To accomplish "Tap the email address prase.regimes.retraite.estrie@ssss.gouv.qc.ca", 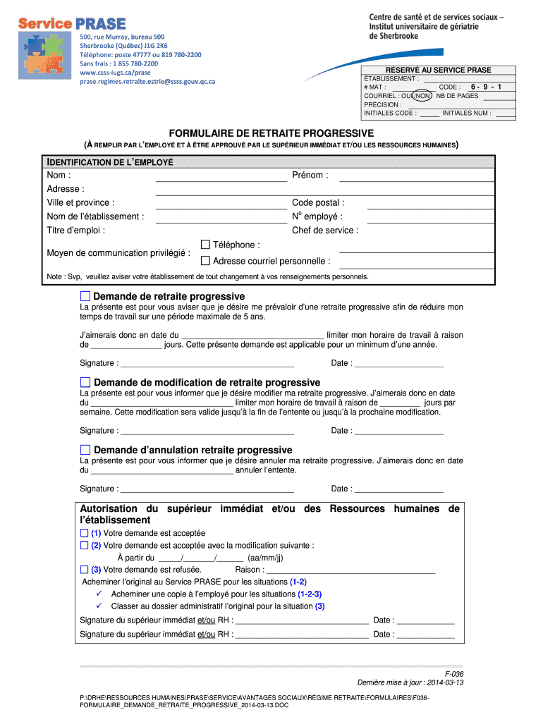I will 147,82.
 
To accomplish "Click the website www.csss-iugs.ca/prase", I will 115,73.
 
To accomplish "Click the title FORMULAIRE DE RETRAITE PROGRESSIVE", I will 271,133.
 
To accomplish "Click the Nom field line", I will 221,180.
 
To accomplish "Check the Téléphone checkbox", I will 206,245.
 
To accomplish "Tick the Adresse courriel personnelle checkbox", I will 206,261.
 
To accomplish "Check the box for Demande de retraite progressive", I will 85,296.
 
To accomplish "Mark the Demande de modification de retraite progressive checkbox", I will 85,382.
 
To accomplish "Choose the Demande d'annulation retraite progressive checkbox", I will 85,450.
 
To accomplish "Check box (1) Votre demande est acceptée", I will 85,534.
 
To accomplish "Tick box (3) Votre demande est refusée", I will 85,570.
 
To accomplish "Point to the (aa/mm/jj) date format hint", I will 267,558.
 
